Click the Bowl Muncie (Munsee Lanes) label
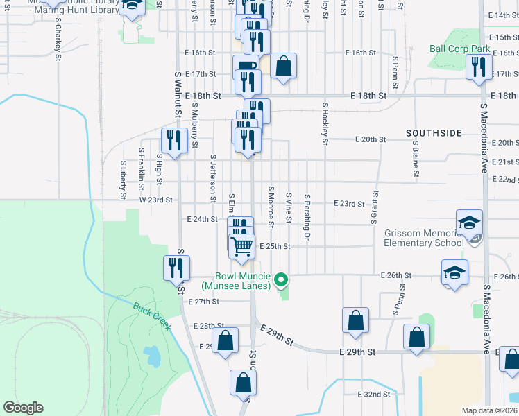(x=237, y=280)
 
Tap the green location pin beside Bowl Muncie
(x=281, y=279)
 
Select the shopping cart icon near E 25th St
(x=241, y=245)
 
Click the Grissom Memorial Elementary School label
(x=424, y=239)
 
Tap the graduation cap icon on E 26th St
(x=454, y=272)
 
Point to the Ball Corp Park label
(x=459, y=49)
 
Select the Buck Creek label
(x=152, y=316)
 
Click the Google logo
(x=23, y=408)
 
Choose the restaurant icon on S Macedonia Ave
(x=478, y=67)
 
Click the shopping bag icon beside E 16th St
(x=283, y=67)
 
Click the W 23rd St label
(x=155, y=199)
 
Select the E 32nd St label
(x=373, y=394)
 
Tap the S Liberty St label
(x=123, y=181)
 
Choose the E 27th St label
(x=203, y=302)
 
